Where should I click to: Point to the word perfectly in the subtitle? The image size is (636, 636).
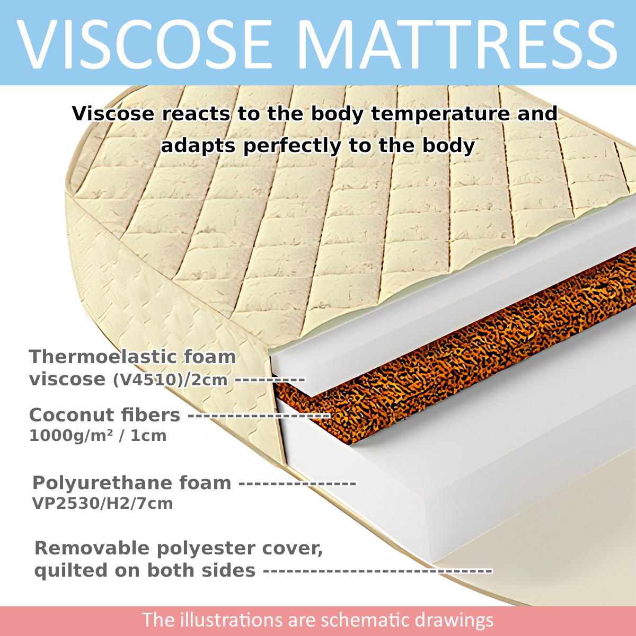tap(292, 146)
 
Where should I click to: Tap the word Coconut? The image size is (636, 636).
tap(73, 415)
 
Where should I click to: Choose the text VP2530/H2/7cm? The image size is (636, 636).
tap(102, 503)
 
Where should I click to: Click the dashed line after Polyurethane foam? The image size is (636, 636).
tap(297, 484)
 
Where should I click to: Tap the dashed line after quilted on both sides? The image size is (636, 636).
tap(378, 571)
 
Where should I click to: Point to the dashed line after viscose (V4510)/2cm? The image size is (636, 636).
tap(270, 380)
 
